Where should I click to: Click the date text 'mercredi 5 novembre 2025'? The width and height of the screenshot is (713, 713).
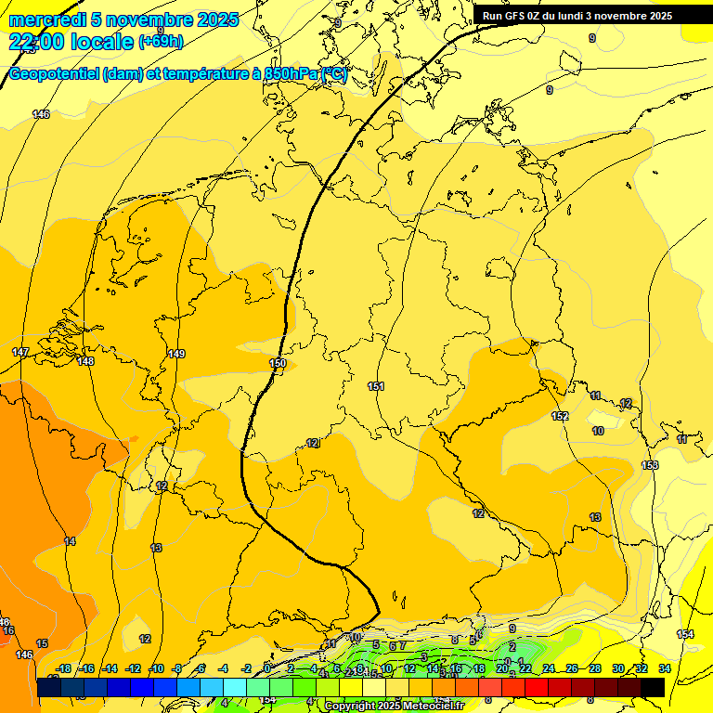(x=123, y=19)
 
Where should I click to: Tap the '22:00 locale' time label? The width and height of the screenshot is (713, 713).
(x=71, y=42)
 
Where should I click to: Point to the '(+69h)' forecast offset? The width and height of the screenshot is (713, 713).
(x=161, y=42)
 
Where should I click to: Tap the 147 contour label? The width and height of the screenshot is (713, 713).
(x=20, y=353)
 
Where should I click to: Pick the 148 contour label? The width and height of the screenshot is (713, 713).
(x=86, y=361)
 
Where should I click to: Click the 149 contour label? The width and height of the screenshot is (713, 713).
(x=176, y=354)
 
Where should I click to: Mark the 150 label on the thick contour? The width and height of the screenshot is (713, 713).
(x=278, y=363)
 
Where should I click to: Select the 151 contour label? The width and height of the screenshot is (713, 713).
(x=376, y=386)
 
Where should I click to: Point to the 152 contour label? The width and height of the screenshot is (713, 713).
(x=560, y=416)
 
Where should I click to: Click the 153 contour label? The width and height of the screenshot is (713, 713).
(x=650, y=465)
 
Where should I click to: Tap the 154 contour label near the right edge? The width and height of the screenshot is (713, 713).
(x=685, y=634)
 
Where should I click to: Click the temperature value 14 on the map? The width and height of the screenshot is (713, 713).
(x=70, y=541)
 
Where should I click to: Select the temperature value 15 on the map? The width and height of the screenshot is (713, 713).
(x=42, y=643)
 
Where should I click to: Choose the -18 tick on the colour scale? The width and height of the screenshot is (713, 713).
(x=64, y=668)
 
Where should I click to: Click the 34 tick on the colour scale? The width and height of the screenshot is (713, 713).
(x=665, y=668)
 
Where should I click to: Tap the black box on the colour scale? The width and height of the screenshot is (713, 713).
(x=653, y=686)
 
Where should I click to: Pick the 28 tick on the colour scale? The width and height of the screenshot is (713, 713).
(x=595, y=668)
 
